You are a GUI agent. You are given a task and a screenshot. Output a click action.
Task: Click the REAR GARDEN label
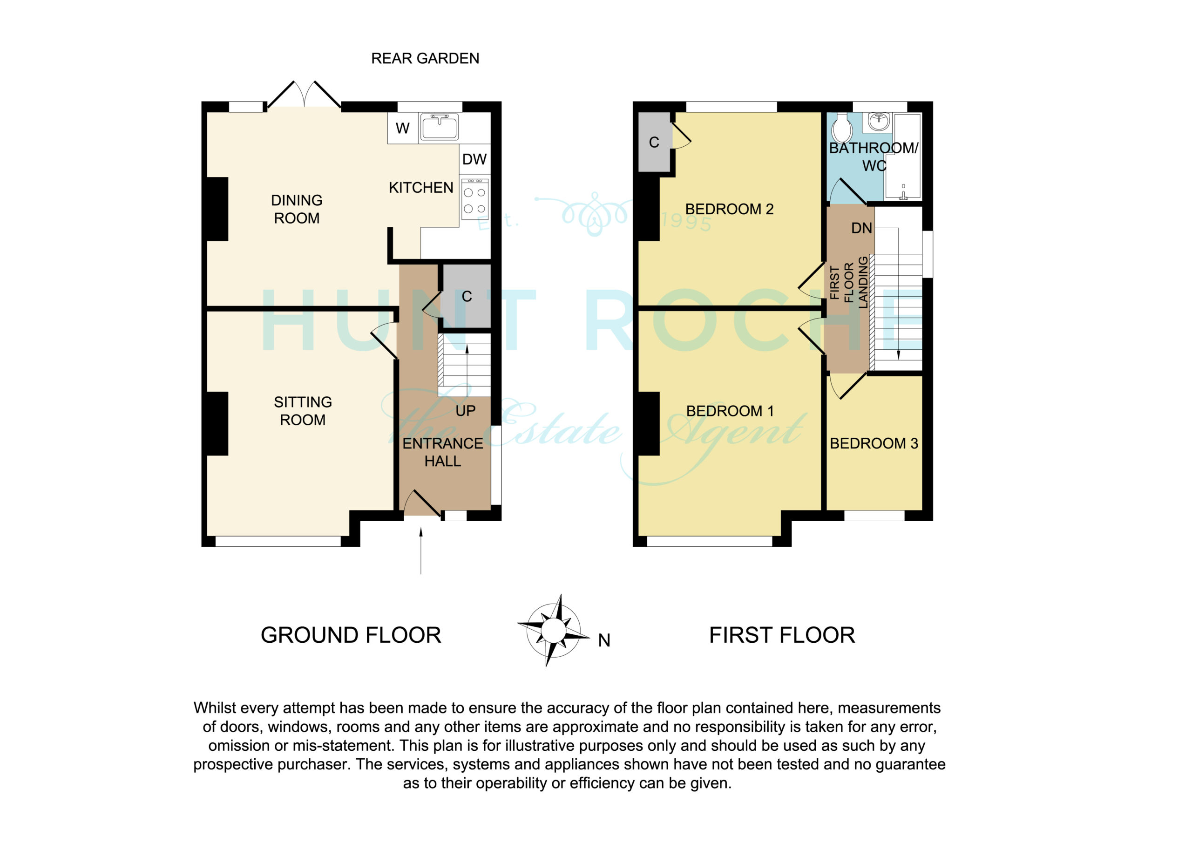(425, 59)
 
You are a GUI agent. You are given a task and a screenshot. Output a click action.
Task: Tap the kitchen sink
(439, 127)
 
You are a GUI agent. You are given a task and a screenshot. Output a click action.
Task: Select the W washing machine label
(402, 128)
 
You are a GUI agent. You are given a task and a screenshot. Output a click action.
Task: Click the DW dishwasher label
(474, 159)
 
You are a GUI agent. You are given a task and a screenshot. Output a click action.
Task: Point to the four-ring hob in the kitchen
(474, 199)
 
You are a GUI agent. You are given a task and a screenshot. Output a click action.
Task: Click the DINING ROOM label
(297, 209)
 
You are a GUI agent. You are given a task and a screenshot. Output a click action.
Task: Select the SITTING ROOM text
(303, 411)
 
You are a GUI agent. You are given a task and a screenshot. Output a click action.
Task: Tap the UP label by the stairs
(465, 411)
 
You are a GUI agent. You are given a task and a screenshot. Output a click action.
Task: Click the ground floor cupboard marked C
(465, 296)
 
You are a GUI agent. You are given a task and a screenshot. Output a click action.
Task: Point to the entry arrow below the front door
(420, 551)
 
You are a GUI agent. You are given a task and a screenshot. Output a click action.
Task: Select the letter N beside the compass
(604, 640)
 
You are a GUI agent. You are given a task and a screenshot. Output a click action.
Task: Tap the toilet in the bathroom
(841, 127)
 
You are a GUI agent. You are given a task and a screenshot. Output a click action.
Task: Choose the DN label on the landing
(861, 228)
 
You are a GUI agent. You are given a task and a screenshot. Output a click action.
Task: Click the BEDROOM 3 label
(874, 443)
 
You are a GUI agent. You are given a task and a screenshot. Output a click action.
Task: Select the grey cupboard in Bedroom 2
(654, 142)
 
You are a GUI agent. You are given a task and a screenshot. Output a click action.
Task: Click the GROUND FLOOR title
(351, 635)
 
